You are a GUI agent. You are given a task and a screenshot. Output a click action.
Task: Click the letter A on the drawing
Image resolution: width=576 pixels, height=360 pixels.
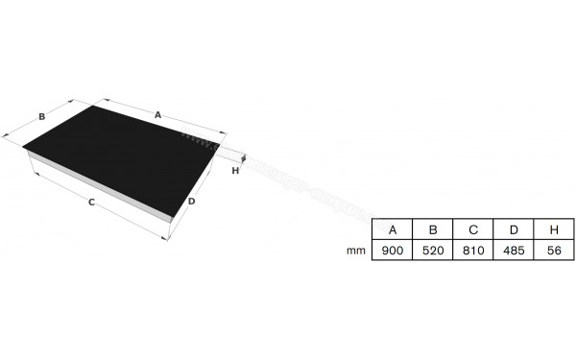click(157, 114)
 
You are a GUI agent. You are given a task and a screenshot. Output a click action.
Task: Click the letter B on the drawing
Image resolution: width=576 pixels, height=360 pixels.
click(42, 117)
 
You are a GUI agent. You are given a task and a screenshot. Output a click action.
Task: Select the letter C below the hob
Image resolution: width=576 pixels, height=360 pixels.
click(91, 203)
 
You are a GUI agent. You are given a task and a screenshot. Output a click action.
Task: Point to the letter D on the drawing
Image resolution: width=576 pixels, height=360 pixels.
click(192, 202)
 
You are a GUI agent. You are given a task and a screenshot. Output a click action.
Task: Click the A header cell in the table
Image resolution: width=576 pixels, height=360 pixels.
click(393, 229)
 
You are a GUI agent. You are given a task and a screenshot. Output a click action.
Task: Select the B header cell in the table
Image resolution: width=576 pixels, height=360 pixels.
click(433, 229)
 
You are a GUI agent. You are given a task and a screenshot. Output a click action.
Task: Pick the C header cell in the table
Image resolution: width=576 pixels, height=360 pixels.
click(473, 229)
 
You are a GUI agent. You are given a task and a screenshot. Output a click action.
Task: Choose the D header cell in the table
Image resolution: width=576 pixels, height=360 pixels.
click(514, 229)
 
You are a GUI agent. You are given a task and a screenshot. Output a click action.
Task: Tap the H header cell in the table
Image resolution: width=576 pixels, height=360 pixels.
click(554, 229)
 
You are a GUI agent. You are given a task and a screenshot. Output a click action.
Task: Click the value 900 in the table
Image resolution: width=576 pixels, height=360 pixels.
click(393, 250)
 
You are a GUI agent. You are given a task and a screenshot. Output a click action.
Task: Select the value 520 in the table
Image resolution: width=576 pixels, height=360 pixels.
click(433, 250)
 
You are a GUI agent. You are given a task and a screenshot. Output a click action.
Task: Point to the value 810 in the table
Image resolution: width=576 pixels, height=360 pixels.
click(473, 250)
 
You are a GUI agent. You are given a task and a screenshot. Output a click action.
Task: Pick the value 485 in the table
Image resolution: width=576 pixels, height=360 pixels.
click(514, 250)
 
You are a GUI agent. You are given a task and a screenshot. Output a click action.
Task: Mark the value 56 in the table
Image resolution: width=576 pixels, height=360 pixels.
click(554, 250)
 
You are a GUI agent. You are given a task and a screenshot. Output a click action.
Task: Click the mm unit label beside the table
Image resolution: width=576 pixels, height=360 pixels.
click(356, 250)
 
